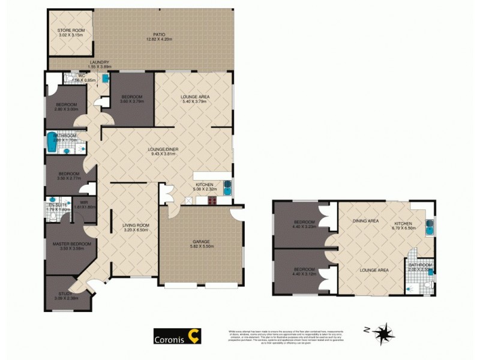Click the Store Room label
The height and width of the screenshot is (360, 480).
click(71, 30)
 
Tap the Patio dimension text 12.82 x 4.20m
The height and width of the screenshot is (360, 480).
click(159, 40)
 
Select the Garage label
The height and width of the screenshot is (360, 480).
click(201, 242)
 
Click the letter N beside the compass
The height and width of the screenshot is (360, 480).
click(366, 329)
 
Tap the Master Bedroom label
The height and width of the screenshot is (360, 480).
click(71, 244)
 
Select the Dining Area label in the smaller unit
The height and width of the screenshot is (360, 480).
click(365, 221)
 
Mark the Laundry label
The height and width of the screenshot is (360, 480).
click(99, 62)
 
